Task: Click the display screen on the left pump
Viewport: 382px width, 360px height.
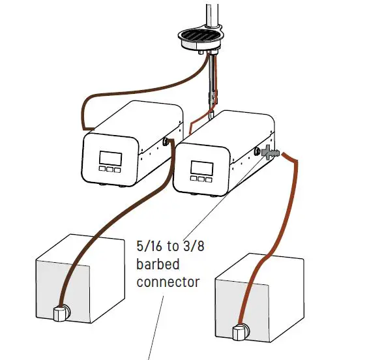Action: tap(108, 158)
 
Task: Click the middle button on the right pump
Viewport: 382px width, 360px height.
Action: tap(202, 178)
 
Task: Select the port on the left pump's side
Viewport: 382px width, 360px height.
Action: tap(166, 141)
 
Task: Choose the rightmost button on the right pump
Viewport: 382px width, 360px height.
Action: tap(211, 179)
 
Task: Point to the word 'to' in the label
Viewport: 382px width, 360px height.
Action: tap(175, 248)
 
